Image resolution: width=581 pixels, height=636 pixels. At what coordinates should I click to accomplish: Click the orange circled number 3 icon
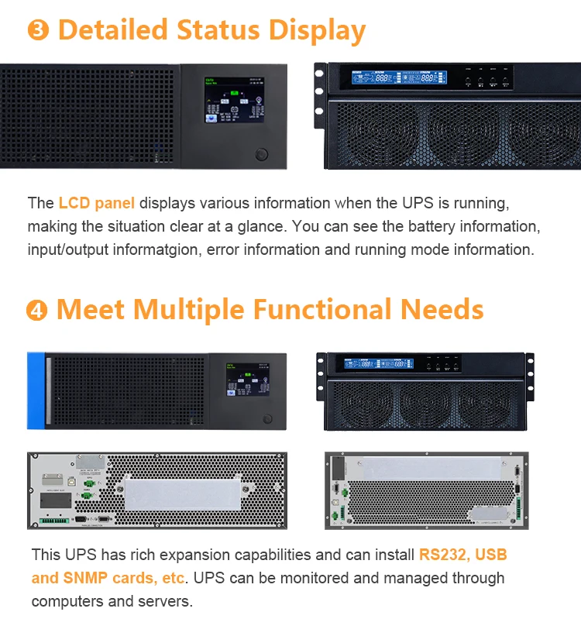click(38, 31)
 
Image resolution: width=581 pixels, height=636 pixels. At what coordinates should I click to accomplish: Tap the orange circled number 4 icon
click(36, 311)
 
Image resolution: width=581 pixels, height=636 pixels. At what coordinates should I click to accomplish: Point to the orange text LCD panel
click(96, 204)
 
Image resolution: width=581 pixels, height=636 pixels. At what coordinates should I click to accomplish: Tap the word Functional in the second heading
click(325, 310)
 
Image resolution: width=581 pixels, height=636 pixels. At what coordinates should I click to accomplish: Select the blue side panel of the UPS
click(36, 390)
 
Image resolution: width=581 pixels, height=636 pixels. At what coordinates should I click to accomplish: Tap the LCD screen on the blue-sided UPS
click(246, 380)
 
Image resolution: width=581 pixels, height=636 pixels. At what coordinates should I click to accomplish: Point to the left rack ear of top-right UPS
click(319, 97)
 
